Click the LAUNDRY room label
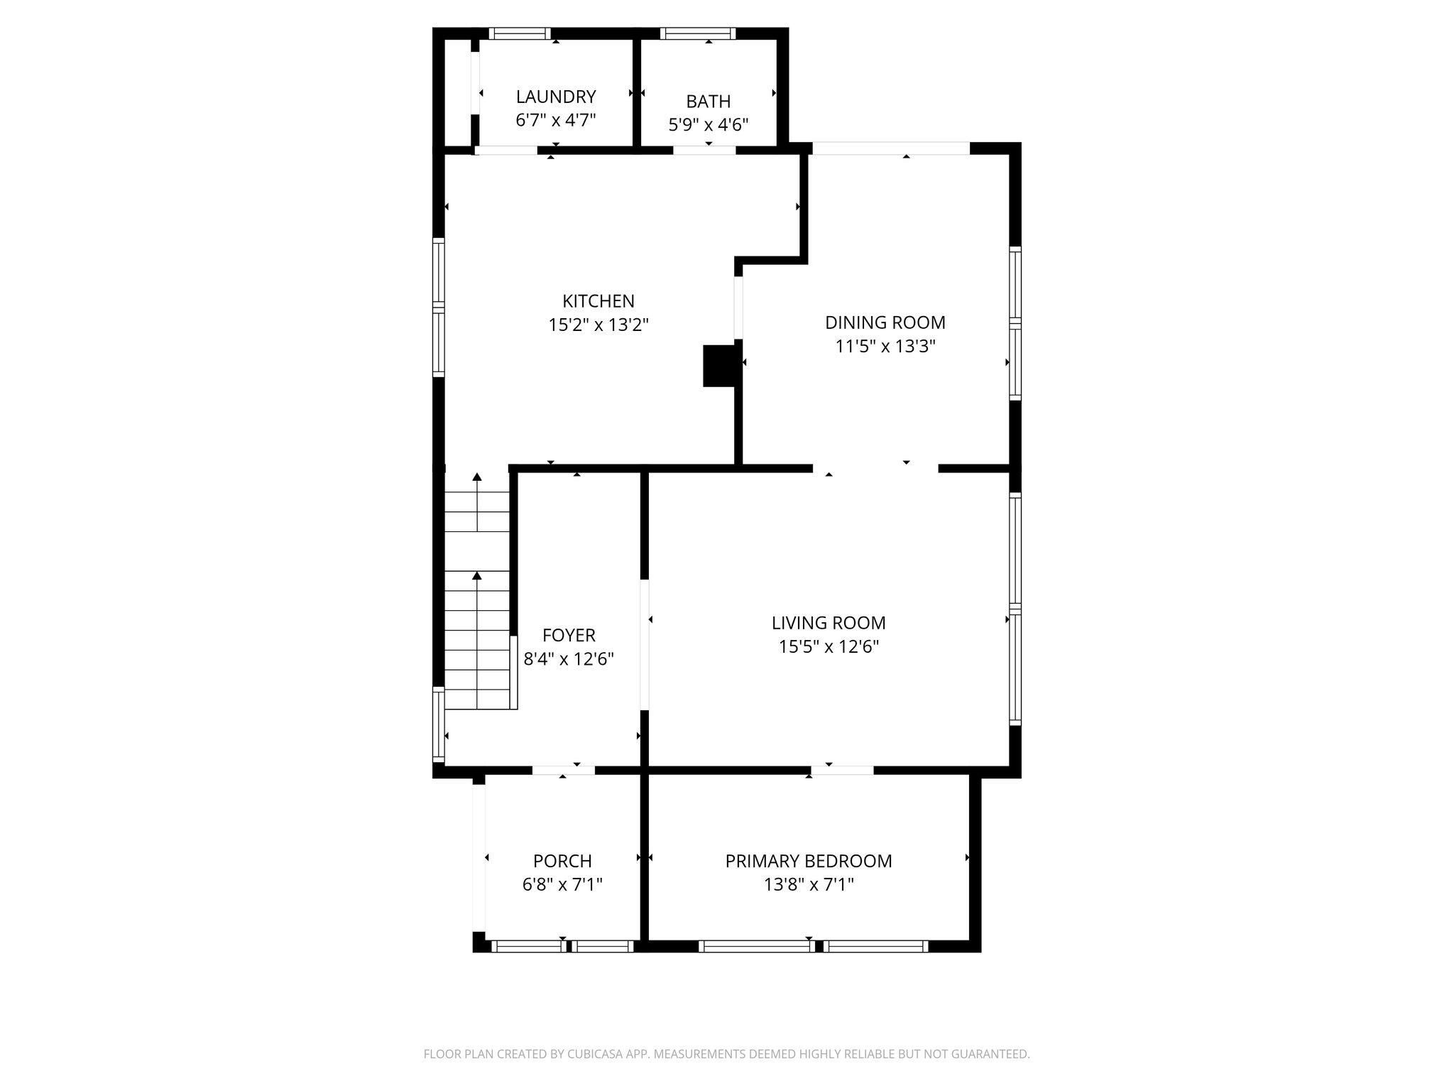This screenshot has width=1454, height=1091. (555, 97)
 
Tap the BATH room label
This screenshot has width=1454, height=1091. (708, 102)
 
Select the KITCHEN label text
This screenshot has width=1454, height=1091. (598, 301)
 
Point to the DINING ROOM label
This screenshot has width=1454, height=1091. (885, 322)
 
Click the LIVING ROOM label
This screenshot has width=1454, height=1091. (829, 623)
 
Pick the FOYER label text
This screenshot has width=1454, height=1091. (569, 635)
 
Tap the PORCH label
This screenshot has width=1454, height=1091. (562, 861)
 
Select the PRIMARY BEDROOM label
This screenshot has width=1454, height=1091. (809, 861)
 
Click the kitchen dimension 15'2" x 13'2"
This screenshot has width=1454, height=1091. (598, 325)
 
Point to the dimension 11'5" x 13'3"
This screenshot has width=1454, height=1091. (885, 347)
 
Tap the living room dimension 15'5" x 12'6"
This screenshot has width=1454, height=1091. (829, 647)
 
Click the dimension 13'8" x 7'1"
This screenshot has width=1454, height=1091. (809, 885)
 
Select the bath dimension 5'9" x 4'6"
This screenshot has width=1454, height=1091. (708, 126)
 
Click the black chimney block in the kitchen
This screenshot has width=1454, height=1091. (718, 366)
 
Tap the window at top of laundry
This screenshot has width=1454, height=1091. (520, 33)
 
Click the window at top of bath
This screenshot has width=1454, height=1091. (697, 33)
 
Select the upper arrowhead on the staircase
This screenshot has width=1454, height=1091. (477, 477)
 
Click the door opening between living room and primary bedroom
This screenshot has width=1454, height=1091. (842, 771)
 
